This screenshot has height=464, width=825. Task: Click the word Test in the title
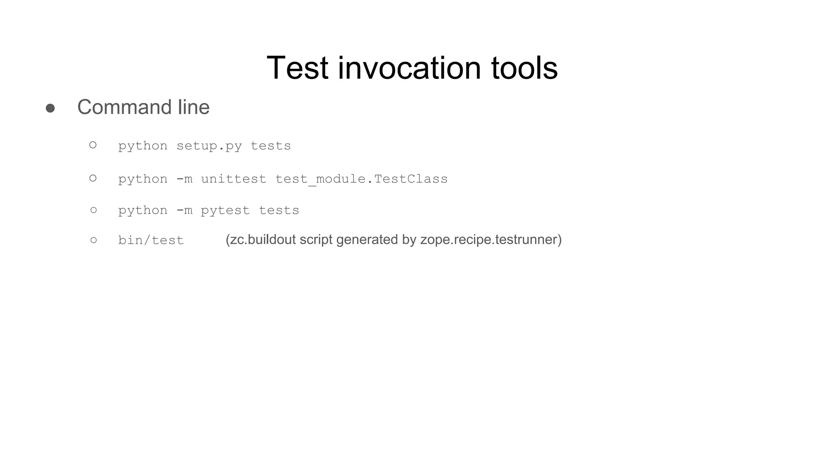click(x=297, y=68)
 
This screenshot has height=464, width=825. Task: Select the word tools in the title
click(x=524, y=68)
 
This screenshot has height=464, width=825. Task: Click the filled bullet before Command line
click(x=50, y=108)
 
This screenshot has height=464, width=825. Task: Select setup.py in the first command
click(x=209, y=146)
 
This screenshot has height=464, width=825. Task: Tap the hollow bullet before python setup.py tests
click(x=93, y=145)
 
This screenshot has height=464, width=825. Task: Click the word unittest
click(x=234, y=179)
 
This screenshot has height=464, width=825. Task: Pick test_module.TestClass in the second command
click(x=361, y=179)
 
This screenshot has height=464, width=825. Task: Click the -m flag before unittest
click(x=184, y=179)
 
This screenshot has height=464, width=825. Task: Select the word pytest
click(x=225, y=210)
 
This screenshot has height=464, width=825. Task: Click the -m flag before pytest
click(x=184, y=210)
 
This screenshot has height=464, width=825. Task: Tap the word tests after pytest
click(x=279, y=210)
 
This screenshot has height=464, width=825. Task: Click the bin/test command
click(x=151, y=240)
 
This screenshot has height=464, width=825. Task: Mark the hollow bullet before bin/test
click(x=94, y=240)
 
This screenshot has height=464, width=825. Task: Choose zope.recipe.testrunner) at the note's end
click(x=491, y=240)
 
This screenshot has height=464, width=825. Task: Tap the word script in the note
click(x=316, y=240)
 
